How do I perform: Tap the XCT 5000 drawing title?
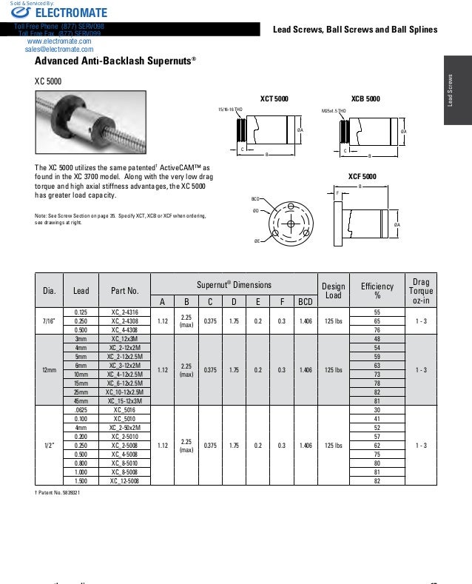(274, 98)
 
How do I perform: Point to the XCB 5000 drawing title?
(365, 98)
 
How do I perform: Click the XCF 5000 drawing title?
(362, 176)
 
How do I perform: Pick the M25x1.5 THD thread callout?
(334, 110)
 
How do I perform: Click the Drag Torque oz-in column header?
(420, 290)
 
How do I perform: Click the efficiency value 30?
(377, 409)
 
